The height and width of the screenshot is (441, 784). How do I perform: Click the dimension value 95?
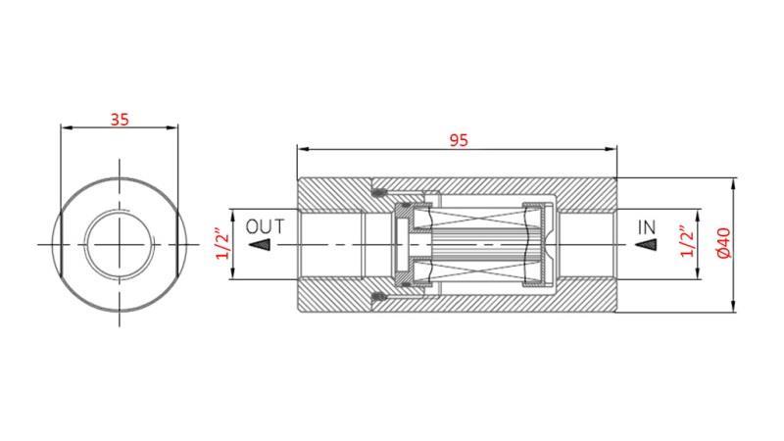tap(458, 139)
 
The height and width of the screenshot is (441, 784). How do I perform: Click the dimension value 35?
tap(120, 120)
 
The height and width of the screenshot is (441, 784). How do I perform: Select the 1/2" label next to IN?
tap(686, 243)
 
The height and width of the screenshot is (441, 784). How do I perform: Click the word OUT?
tap(265, 226)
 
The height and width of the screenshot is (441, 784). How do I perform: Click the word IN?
tap(647, 227)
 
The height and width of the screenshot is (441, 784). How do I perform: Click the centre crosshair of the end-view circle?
tap(121, 243)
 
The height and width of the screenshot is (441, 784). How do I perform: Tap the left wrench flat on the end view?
tap(59, 243)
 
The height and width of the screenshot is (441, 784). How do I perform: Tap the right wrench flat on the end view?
tap(182, 243)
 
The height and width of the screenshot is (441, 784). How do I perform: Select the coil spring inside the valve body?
tap(480, 244)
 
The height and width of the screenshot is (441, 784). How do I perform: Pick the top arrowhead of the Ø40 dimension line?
tap(735, 180)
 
